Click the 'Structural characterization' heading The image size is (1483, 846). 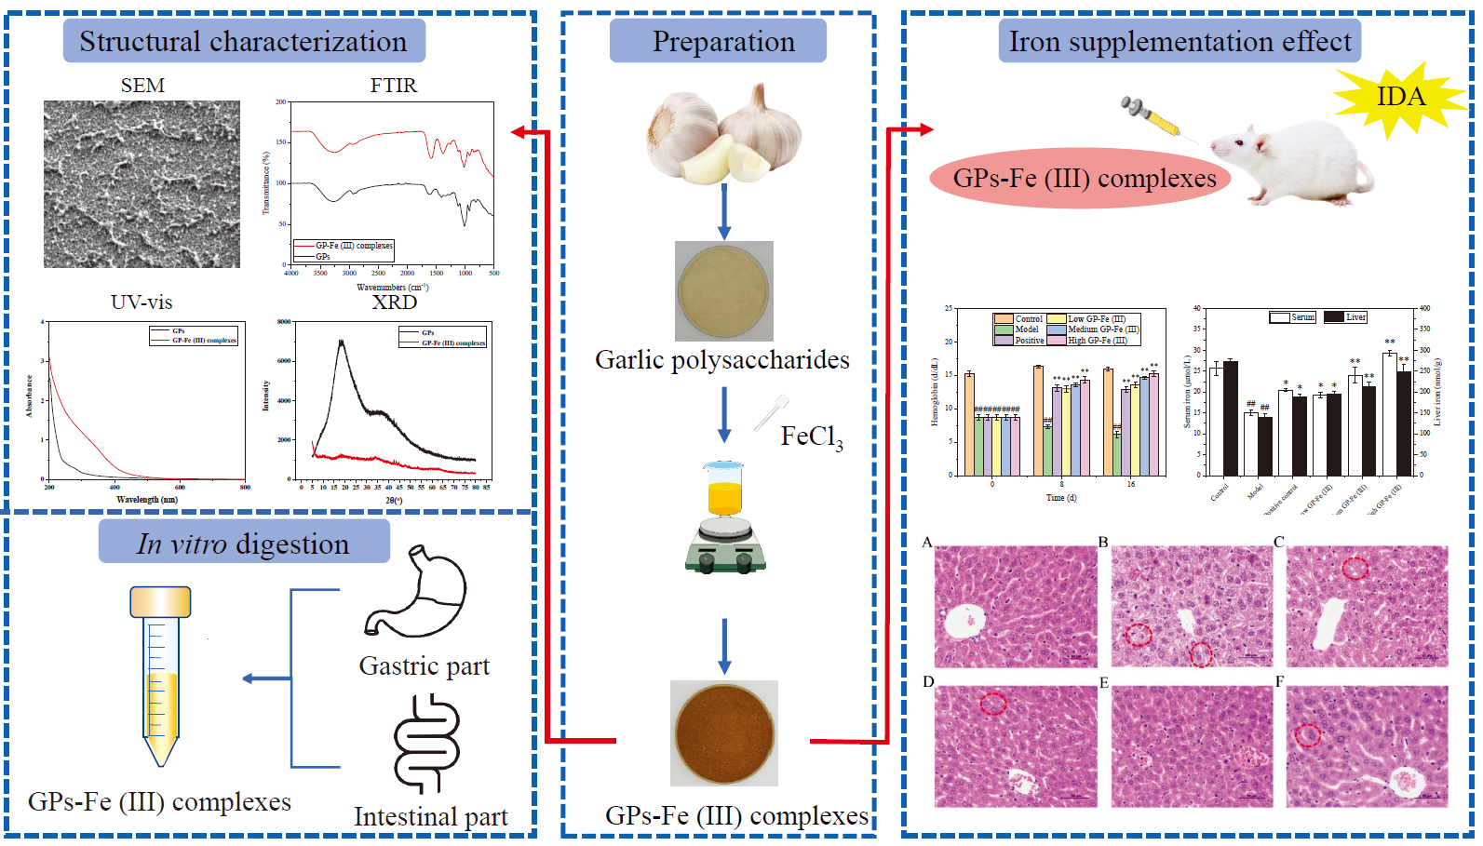(x=244, y=41)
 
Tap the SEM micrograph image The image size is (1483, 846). (x=142, y=184)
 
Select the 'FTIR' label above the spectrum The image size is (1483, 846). (x=393, y=86)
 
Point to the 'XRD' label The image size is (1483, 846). (x=395, y=302)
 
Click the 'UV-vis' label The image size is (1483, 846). (x=142, y=302)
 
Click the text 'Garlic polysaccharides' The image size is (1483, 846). (x=722, y=360)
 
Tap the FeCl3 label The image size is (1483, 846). (x=811, y=436)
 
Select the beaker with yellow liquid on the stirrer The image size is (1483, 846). (x=724, y=489)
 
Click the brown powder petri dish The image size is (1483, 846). (x=724, y=732)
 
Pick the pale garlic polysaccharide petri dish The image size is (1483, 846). (x=724, y=290)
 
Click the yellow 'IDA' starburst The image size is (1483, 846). (x=1399, y=98)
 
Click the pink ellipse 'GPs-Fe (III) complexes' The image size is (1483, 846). (x=1084, y=179)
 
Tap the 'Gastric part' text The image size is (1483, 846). (x=425, y=666)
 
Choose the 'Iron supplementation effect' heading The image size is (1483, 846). (x=1180, y=41)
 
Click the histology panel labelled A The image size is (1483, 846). (x=1016, y=606)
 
